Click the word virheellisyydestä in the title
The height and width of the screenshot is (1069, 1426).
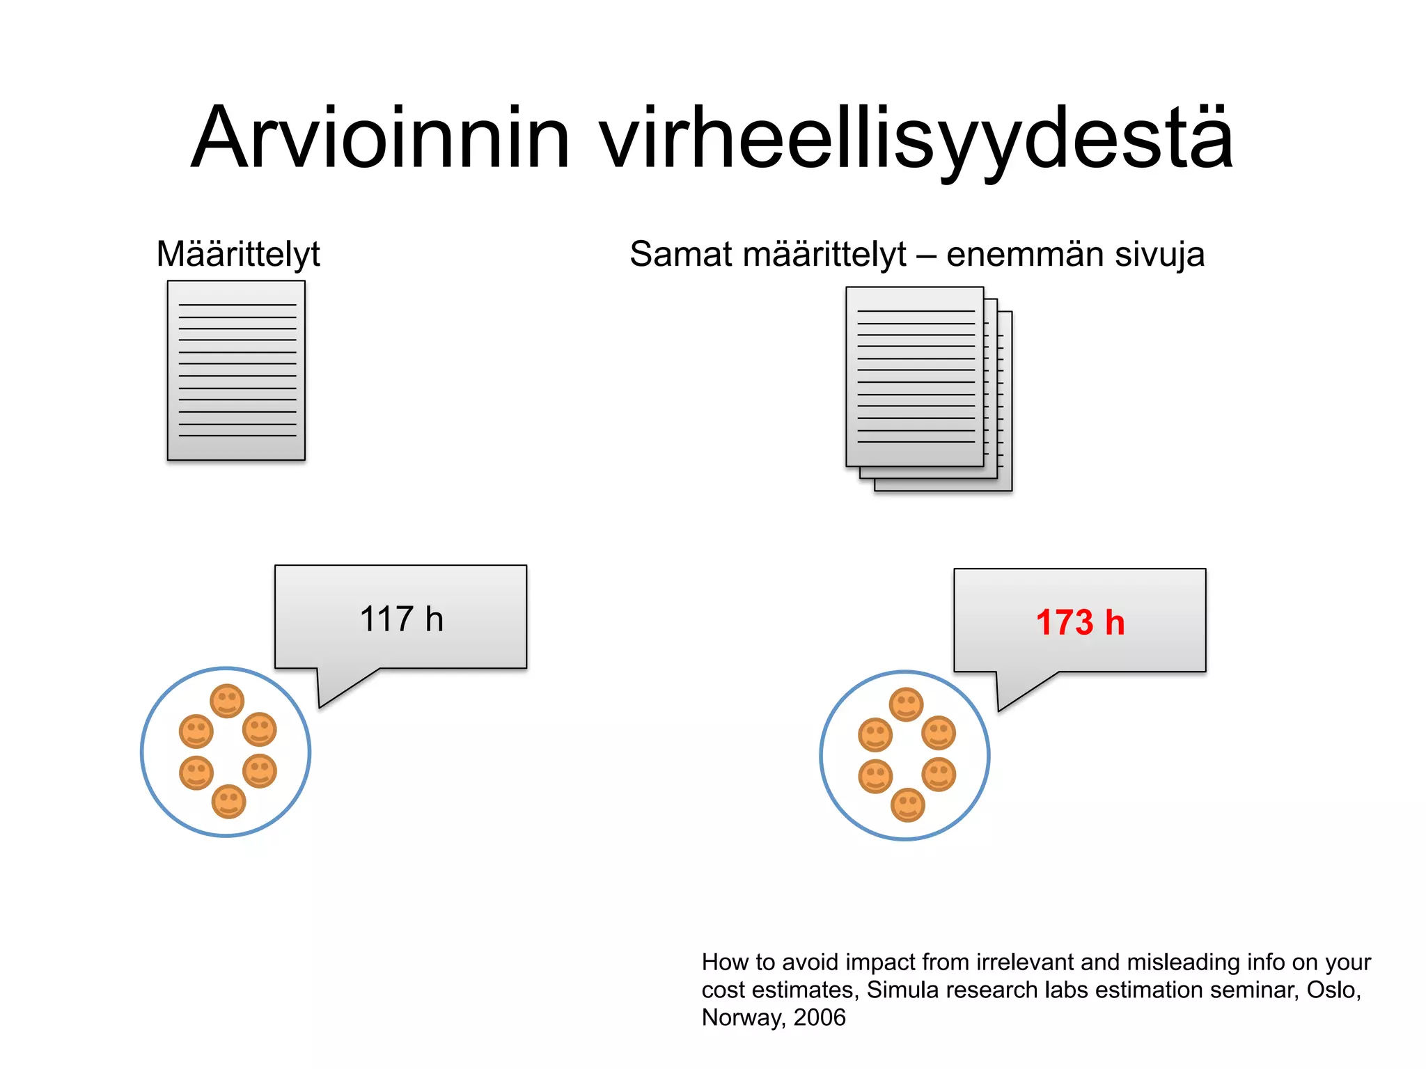click(x=916, y=139)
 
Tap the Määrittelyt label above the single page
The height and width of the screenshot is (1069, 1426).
click(x=238, y=255)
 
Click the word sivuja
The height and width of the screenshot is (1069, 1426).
click(x=1159, y=255)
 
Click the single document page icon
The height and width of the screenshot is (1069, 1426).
click(x=236, y=370)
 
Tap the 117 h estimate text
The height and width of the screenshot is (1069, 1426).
click(x=401, y=619)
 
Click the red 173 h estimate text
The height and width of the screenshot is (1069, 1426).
click(x=1080, y=622)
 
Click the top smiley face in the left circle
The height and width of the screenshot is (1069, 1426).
click(x=227, y=701)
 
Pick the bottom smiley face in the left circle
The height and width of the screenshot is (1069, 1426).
click(x=228, y=801)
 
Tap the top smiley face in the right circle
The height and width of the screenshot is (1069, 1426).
click(x=906, y=704)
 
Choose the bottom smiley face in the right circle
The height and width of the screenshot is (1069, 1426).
click(x=908, y=805)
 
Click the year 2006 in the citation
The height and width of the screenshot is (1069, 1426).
click(x=820, y=1017)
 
